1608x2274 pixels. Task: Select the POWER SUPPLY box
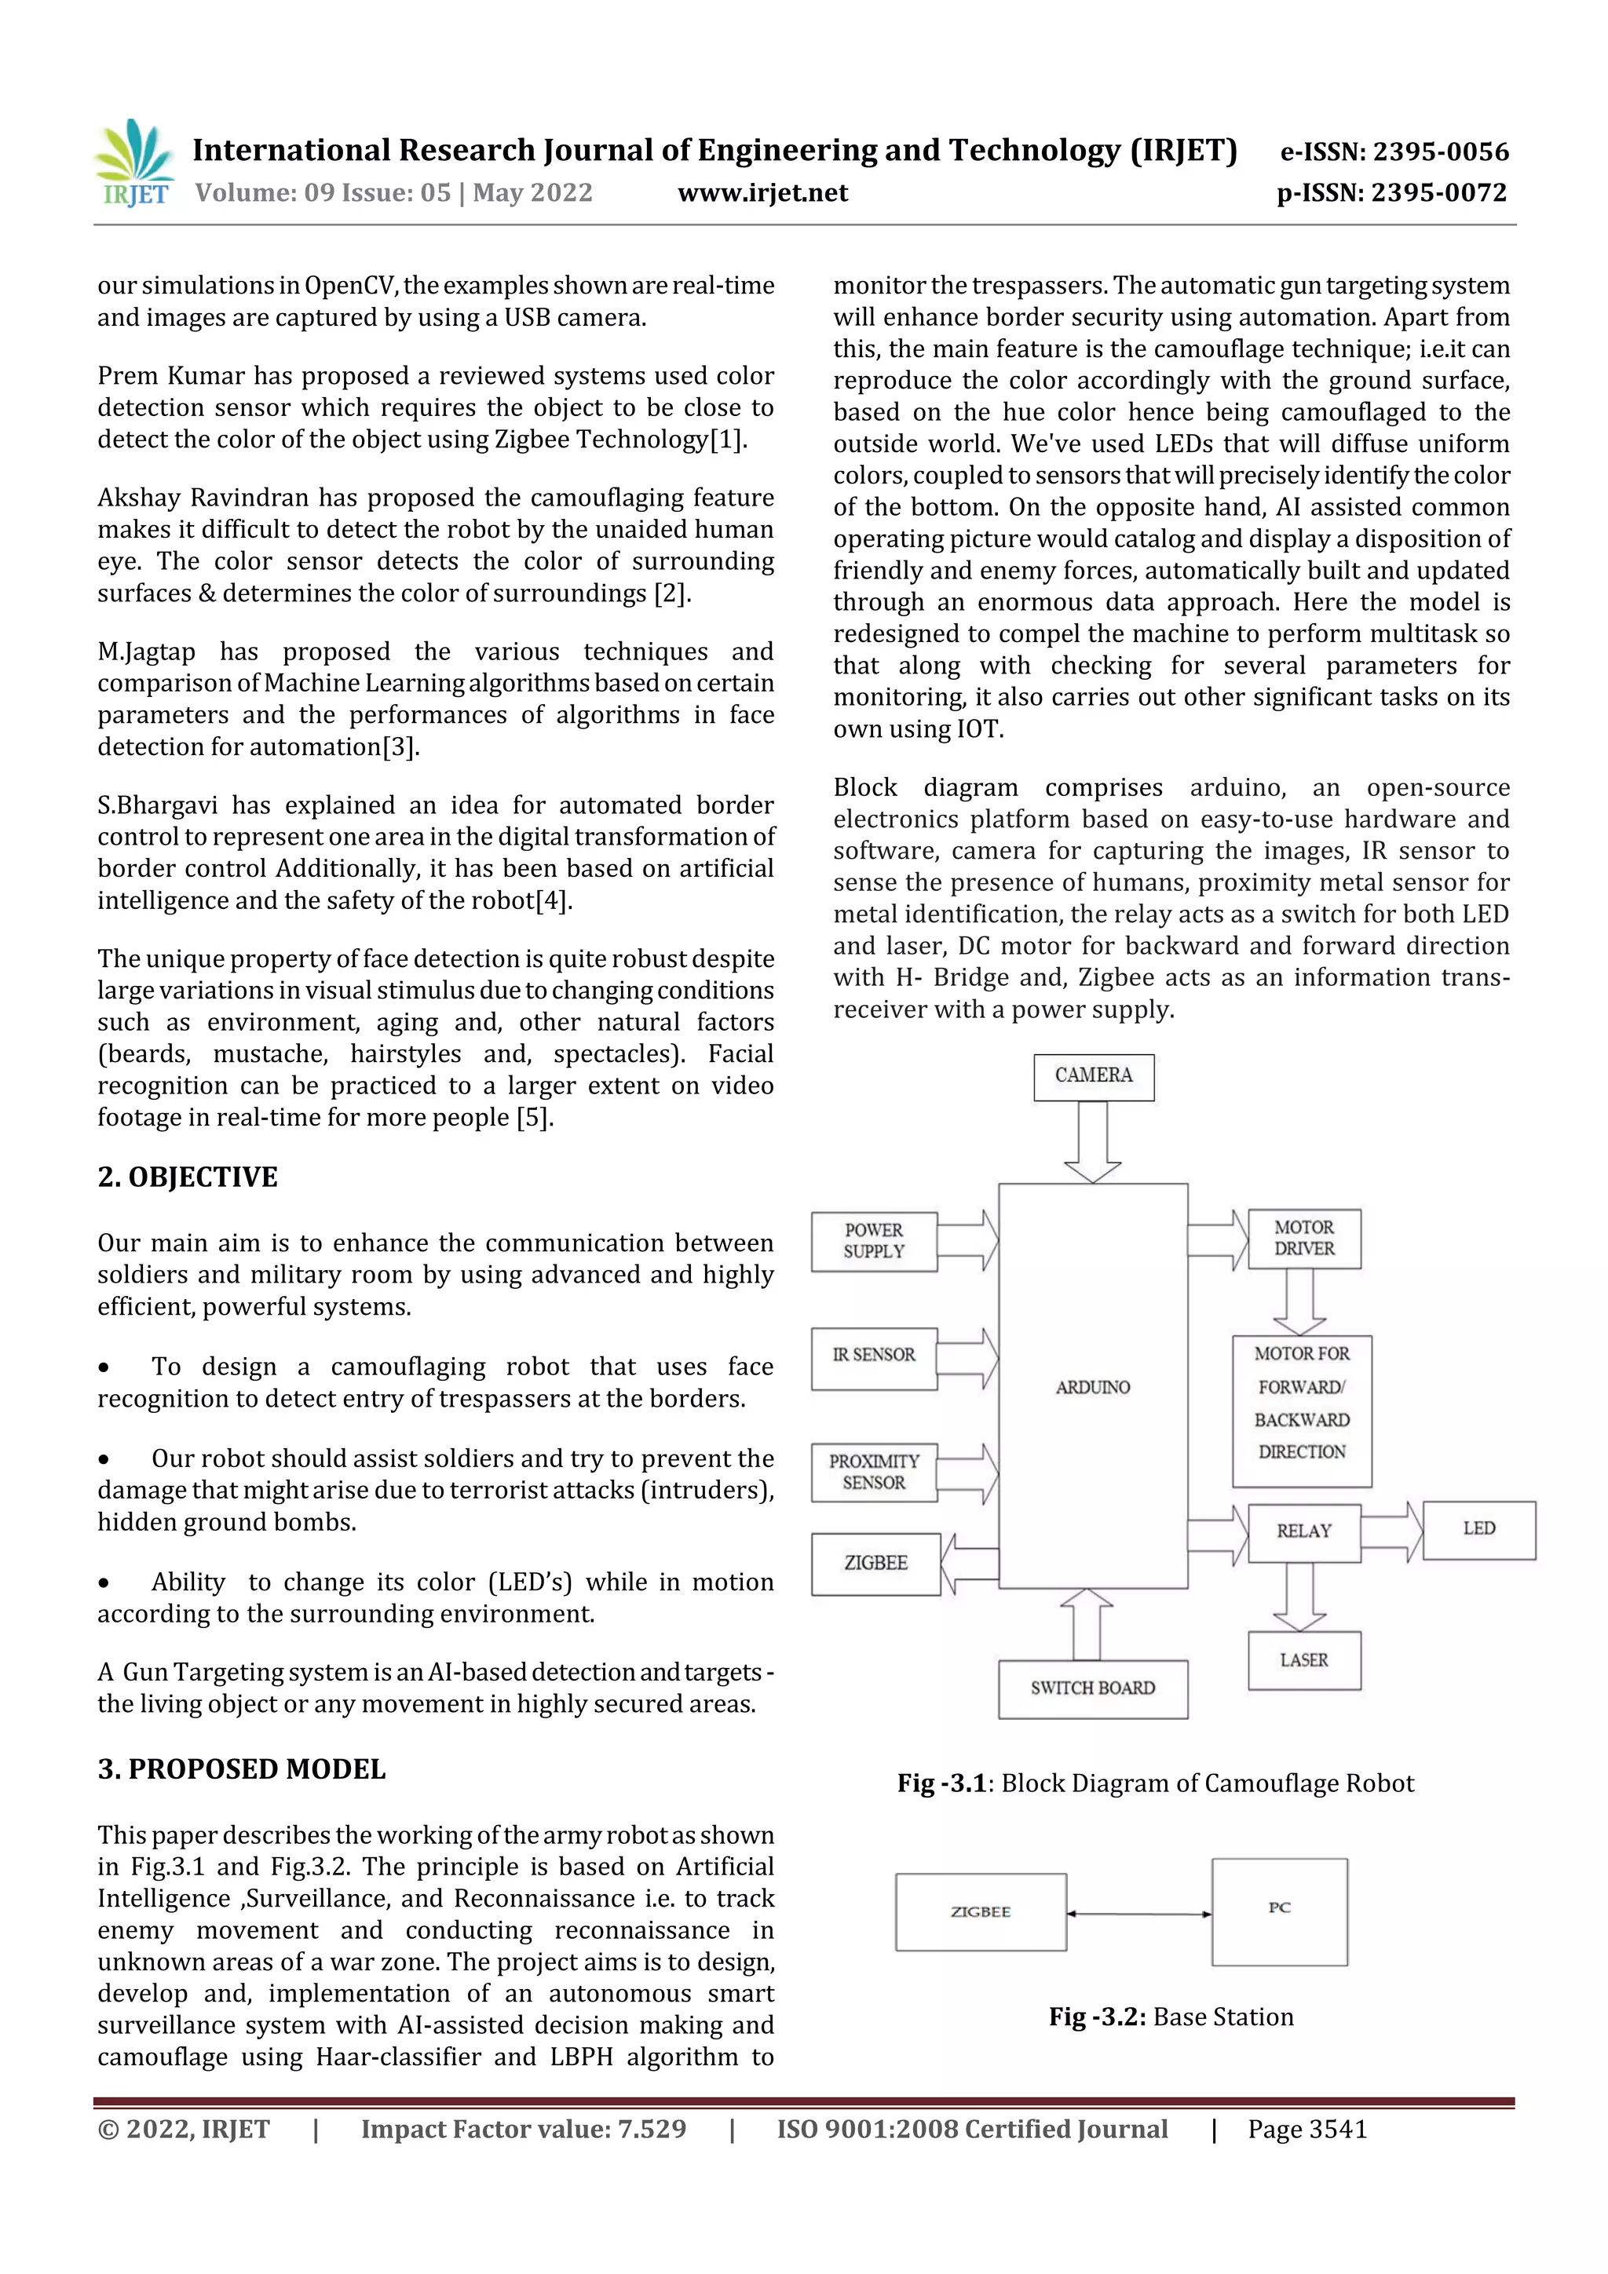874,1241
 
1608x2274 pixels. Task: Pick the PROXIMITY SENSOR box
874,1472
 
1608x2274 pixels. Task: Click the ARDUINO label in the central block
1092,1388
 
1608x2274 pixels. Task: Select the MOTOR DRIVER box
1304,1238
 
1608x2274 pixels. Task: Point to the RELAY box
1304,1532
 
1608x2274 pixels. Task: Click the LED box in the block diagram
1478,1529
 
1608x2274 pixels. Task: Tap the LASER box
1304,1661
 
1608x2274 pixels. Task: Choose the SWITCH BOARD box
1093,1688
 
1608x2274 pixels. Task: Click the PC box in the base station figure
1279,1911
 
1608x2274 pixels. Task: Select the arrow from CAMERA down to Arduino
1093,1141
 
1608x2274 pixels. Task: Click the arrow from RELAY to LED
1392,1532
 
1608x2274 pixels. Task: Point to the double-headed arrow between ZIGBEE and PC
1138,1914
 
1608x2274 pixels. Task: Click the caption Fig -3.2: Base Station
1171,2017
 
